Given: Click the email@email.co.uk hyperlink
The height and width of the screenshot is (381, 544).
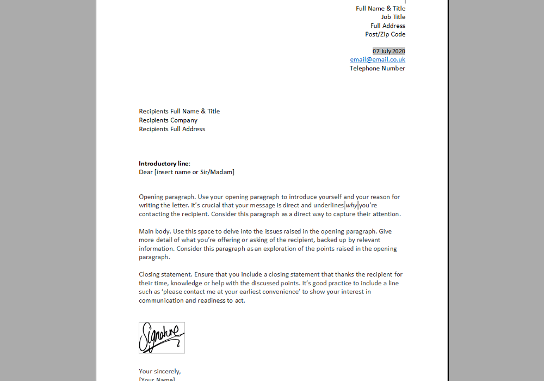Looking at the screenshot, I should coord(378,59).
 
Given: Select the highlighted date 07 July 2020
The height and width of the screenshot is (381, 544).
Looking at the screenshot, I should coord(388,51).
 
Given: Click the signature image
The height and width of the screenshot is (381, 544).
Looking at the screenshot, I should coord(162,337).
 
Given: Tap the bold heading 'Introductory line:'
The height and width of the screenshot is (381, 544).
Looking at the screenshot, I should coord(164,163).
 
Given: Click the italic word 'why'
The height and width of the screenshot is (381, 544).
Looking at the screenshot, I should coord(351,205).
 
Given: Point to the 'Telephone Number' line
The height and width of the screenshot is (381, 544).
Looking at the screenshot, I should coord(377,68).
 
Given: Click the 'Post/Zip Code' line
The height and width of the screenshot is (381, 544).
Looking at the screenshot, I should coord(385,34).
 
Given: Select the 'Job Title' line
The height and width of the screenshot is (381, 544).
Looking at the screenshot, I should coord(393,17).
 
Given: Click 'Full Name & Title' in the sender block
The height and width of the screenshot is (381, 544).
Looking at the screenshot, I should coord(380,8).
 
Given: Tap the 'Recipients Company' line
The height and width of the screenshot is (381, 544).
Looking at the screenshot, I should coord(168,120).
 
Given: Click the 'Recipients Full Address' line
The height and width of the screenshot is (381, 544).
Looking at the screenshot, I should coord(172,129).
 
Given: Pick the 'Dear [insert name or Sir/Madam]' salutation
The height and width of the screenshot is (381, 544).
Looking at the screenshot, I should coord(187,172).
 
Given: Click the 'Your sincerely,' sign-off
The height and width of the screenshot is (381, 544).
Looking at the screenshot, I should coord(160,371).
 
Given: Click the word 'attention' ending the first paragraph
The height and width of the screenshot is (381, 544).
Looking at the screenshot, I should coord(386,214).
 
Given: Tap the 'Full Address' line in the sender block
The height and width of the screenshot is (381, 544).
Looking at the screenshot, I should coord(388,26).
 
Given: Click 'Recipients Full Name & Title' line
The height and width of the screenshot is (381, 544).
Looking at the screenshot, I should coord(179,112).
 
